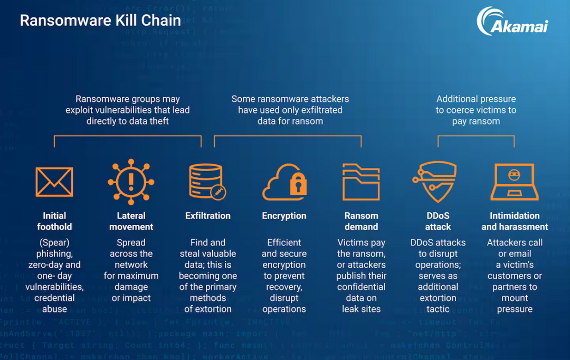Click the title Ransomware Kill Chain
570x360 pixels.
click(100, 21)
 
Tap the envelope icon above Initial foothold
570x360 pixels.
click(54, 182)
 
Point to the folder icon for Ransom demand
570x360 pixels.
click(361, 182)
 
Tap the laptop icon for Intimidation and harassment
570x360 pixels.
click(515, 182)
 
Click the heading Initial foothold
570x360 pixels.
click(54, 221)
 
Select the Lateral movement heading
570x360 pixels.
click(131, 221)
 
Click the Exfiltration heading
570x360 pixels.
click(208, 216)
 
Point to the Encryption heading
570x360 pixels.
click(284, 216)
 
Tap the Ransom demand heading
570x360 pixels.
click(361, 221)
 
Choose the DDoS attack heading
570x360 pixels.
click(438, 221)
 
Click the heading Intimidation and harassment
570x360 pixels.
click(515, 221)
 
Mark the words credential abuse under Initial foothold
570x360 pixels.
click(54, 304)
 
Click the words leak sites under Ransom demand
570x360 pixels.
click(361, 309)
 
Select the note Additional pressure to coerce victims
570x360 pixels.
click(476, 110)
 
